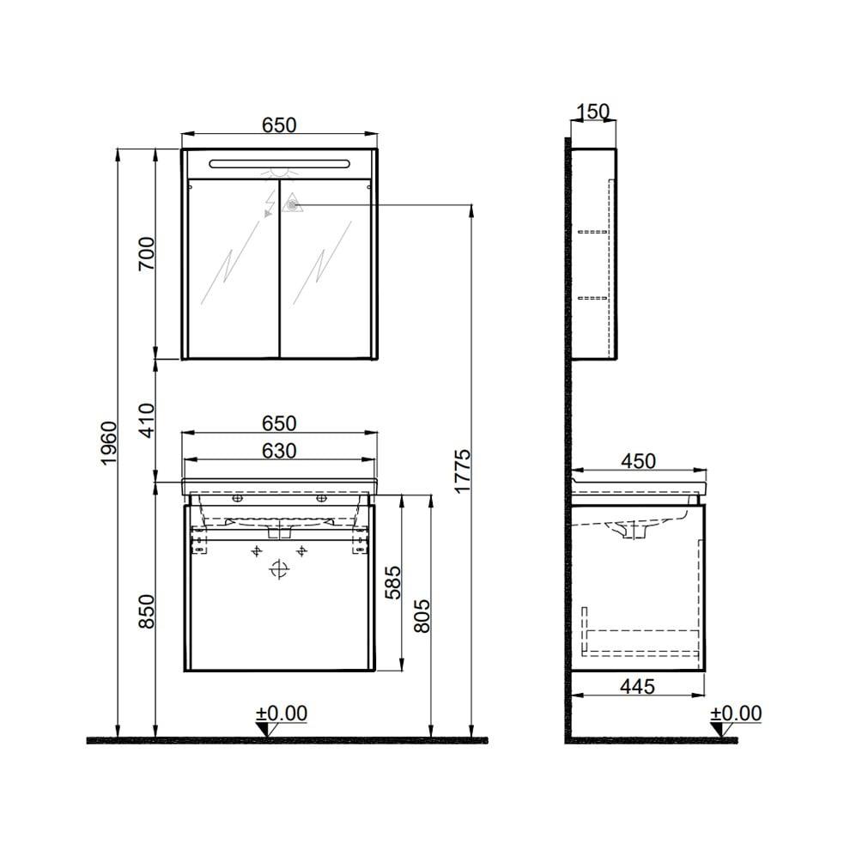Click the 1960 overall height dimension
(107, 443)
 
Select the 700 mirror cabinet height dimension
(145, 253)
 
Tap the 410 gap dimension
(145, 420)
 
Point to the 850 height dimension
(145, 610)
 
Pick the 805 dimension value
(420, 615)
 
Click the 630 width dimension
(279, 450)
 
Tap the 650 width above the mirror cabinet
(279, 124)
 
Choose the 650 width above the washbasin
(279, 422)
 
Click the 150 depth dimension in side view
(593, 112)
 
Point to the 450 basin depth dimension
(638, 461)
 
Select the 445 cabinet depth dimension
(637, 685)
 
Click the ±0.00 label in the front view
(281, 713)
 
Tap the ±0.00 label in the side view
(736, 713)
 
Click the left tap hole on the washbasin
(238, 498)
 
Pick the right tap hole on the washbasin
(322, 498)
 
